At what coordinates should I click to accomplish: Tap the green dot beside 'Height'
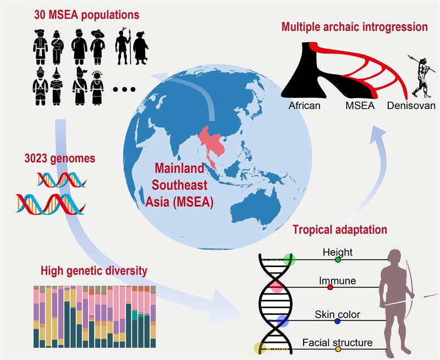(x=338, y=259)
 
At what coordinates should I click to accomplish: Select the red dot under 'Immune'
(x=330, y=287)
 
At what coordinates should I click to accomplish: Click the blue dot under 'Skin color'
(x=337, y=321)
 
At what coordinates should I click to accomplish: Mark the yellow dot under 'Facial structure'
(x=338, y=349)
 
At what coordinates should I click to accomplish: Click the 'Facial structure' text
(x=337, y=342)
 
